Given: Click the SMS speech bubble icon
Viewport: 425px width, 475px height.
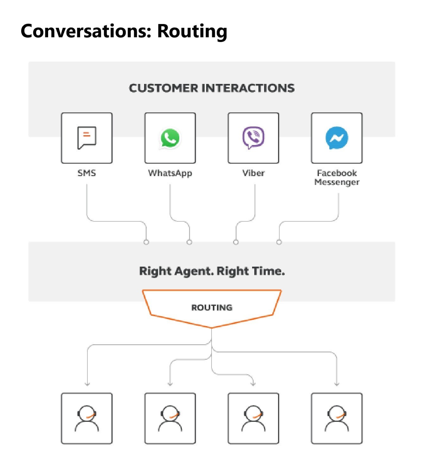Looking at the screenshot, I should [86, 138].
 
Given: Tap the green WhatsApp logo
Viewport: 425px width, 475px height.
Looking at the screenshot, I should [170, 138].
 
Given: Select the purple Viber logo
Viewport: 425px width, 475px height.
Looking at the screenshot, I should [253, 138].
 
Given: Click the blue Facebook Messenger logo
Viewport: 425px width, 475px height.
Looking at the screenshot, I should [337, 138].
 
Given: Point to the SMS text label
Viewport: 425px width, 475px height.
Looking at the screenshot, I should [86, 173].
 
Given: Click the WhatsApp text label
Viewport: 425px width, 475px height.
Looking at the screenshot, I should [170, 173].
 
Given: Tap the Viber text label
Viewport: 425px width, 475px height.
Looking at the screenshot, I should [253, 173].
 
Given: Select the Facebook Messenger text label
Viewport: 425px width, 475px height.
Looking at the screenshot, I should [337, 177].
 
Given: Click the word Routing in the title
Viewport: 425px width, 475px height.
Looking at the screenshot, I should [192, 32].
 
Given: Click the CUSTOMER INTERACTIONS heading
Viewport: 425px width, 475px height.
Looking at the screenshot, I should [212, 88].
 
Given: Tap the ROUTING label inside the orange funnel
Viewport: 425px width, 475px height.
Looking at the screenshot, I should [212, 307].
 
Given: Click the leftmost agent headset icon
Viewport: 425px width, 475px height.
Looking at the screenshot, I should [86, 418].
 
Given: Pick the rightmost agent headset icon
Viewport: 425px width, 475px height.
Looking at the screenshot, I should [337, 418].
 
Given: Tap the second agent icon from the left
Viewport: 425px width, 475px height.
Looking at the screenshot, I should [170, 418].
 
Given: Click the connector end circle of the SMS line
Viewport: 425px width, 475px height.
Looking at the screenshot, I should [146, 242].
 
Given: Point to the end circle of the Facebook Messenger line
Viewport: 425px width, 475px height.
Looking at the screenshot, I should [279, 242].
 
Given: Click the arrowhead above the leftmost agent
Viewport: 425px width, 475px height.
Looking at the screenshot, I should [87, 384].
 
